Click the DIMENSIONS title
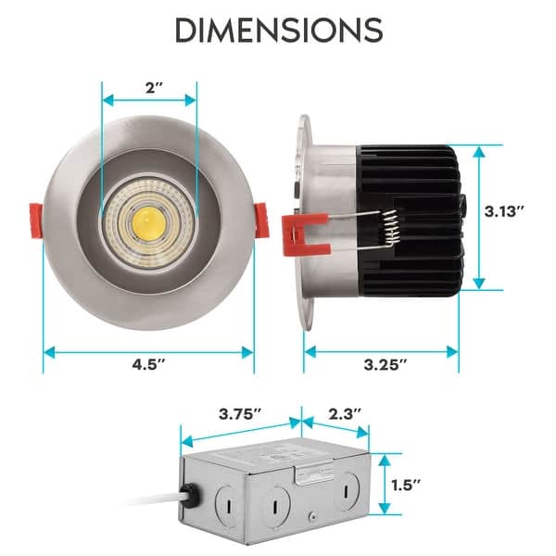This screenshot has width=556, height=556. click(278, 30)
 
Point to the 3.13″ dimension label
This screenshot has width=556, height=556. click(505, 211)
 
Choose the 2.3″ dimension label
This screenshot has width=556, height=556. click(344, 412)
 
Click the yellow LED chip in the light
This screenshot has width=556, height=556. click(147, 220)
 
